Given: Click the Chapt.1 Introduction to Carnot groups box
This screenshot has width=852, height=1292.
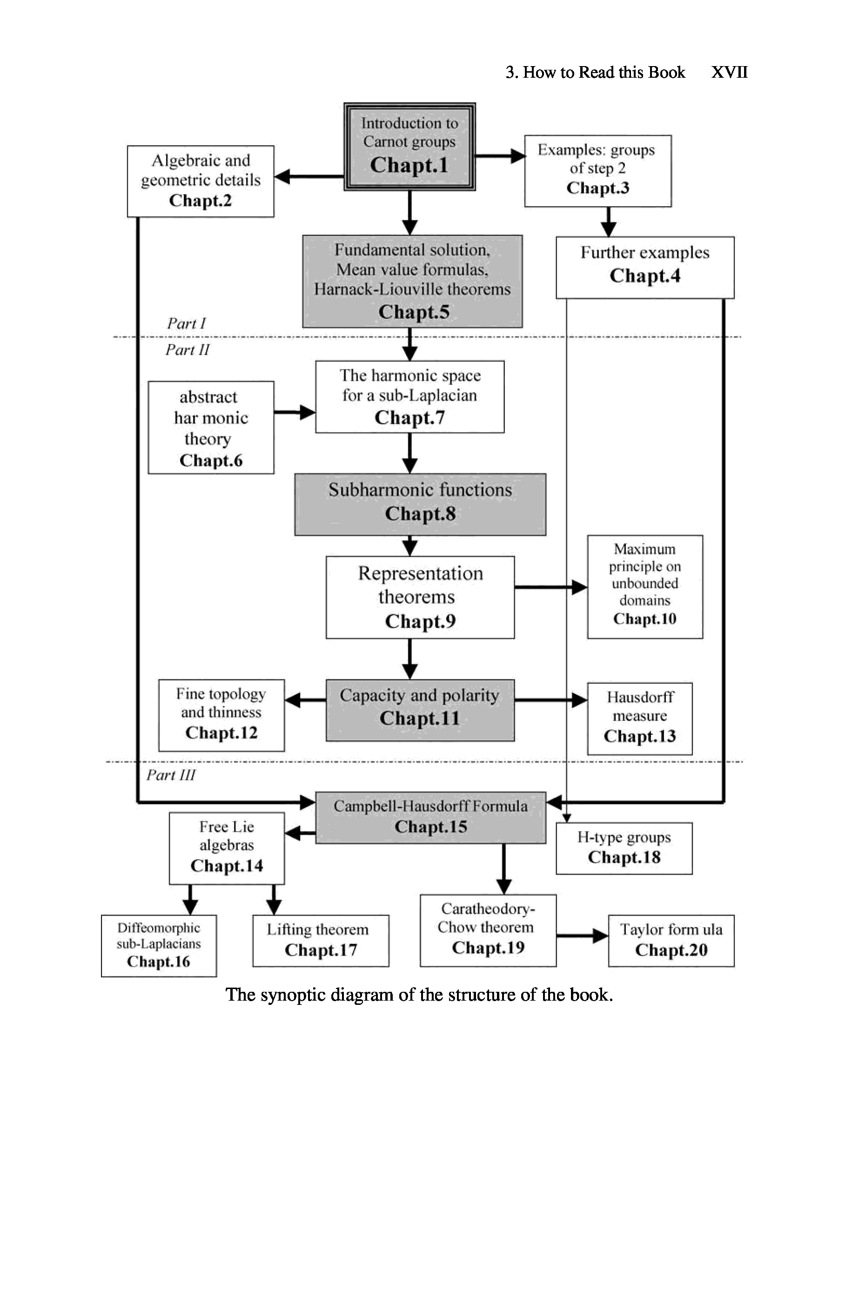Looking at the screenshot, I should coord(409,147).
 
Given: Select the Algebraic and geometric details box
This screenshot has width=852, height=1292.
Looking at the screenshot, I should coord(201,181).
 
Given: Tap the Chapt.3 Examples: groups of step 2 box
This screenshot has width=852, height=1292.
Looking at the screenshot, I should coord(598,171).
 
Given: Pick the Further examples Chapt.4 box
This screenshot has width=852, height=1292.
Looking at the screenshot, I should coord(645,267).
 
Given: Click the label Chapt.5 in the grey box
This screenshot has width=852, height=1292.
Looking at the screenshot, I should coord(414,312).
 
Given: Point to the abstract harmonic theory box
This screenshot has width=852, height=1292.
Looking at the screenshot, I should coord(211,428).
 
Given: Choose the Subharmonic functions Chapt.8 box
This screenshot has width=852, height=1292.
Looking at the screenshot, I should coord(420,504).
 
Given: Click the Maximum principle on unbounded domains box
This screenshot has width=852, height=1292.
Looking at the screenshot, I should coord(645,586).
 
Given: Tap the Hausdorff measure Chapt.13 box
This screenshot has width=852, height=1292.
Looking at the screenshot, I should coord(639,718).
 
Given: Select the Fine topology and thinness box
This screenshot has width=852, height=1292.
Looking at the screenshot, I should coord(221,715).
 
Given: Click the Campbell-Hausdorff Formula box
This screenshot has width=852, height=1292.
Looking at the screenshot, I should coord(430,817).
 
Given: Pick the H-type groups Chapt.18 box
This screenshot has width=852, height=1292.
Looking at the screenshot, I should coord(624,848).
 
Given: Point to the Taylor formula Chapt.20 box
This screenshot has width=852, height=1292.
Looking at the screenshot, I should coord(671,941).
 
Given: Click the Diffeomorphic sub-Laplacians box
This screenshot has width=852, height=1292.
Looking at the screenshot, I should coord(159,945).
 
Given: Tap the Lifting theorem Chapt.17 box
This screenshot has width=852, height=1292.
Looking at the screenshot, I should coord(321,941).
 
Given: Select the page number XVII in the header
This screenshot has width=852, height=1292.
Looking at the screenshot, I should coord(729,72).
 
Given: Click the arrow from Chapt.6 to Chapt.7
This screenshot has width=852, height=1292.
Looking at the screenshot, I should coord(295,412).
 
